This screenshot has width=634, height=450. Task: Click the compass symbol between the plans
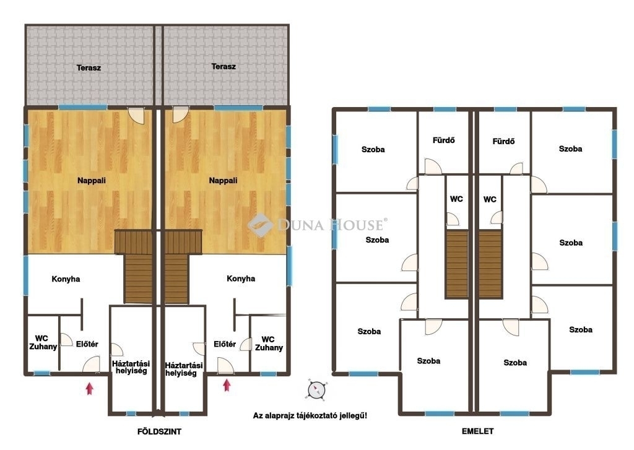(x=316, y=390)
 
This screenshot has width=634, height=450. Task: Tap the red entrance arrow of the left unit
(x=89, y=389)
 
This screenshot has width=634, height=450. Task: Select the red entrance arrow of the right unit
(x=227, y=385)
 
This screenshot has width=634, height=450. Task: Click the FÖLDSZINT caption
(x=159, y=431)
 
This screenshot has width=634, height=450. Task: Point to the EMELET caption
(x=477, y=431)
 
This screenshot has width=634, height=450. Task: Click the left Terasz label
(x=89, y=67)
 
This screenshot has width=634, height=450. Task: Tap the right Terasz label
(x=223, y=66)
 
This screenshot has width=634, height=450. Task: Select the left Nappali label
(x=92, y=180)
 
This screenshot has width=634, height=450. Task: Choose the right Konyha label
(x=241, y=278)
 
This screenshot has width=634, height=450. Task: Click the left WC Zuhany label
(x=43, y=342)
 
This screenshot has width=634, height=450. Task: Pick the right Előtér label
(x=225, y=344)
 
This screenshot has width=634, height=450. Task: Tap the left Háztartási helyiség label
(x=131, y=367)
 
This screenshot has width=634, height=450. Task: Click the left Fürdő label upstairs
(x=443, y=141)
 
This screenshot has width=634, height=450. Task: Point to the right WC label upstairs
(x=490, y=199)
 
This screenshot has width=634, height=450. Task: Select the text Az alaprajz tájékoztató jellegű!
(x=310, y=415)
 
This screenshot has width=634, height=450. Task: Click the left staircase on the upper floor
(x=457, y=264)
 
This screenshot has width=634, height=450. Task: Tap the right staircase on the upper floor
(x=490, y=264)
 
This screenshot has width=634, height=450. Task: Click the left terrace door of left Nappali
(x=136, y=116)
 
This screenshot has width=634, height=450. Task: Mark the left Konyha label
(x=66, y=279)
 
